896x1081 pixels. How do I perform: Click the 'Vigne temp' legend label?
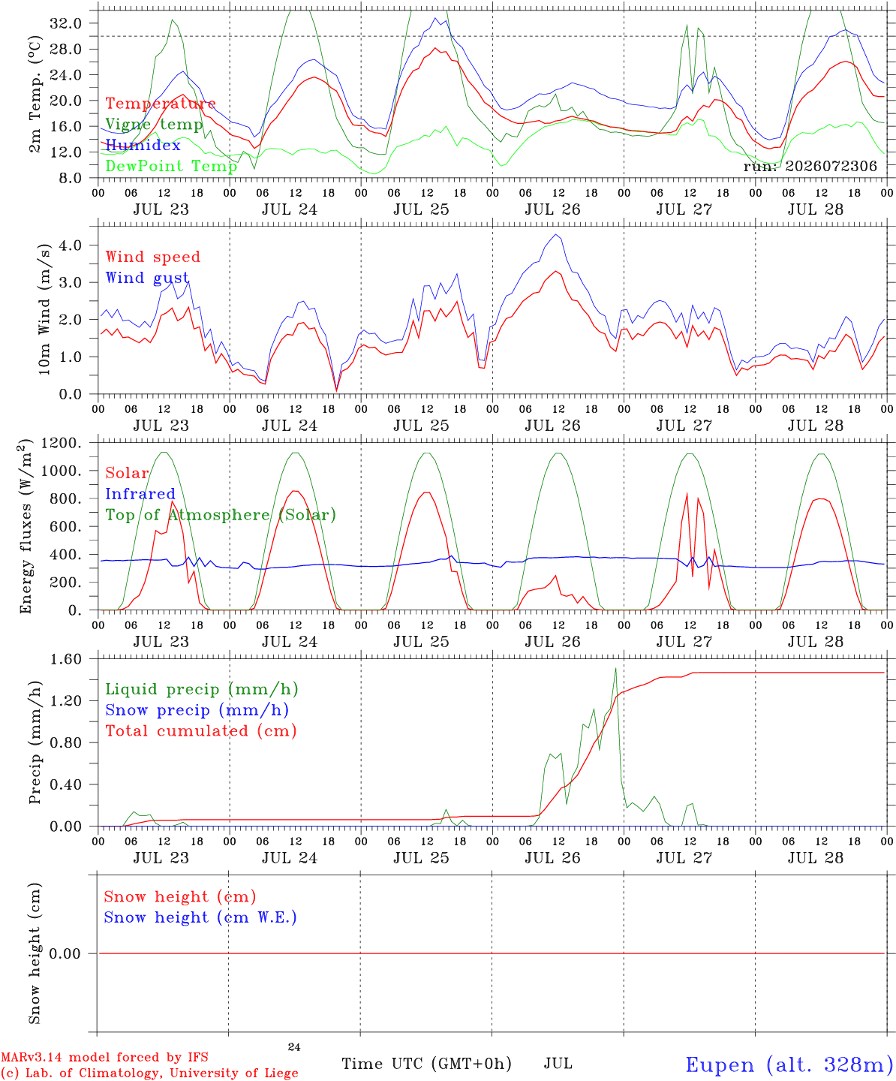point(154,125)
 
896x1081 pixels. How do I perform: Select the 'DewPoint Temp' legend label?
point(171,166)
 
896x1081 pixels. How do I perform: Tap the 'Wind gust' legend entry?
point(147,279)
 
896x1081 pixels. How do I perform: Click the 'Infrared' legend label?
point(140,494)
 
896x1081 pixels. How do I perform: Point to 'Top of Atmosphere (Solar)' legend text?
point(221,515)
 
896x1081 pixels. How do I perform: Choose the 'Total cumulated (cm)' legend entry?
point(201,731)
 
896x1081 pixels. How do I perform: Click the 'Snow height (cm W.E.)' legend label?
point(200,917)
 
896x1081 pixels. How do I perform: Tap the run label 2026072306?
point(810,166)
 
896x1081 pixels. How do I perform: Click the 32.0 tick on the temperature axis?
point(66,23)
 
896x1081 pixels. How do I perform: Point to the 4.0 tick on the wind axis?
point(71,245)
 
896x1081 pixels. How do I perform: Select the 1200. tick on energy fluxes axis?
point(62,443)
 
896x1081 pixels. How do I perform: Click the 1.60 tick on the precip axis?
point(66,659)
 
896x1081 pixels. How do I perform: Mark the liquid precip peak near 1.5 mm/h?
point(615,668)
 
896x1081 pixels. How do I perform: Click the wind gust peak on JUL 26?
point(556,234)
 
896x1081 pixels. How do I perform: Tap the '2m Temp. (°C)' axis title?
point(35,95)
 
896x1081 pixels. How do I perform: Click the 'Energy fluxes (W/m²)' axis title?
point(25,526)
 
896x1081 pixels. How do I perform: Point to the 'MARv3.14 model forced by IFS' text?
point(104,1057)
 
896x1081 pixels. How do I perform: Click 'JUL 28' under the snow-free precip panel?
point(815,858)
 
